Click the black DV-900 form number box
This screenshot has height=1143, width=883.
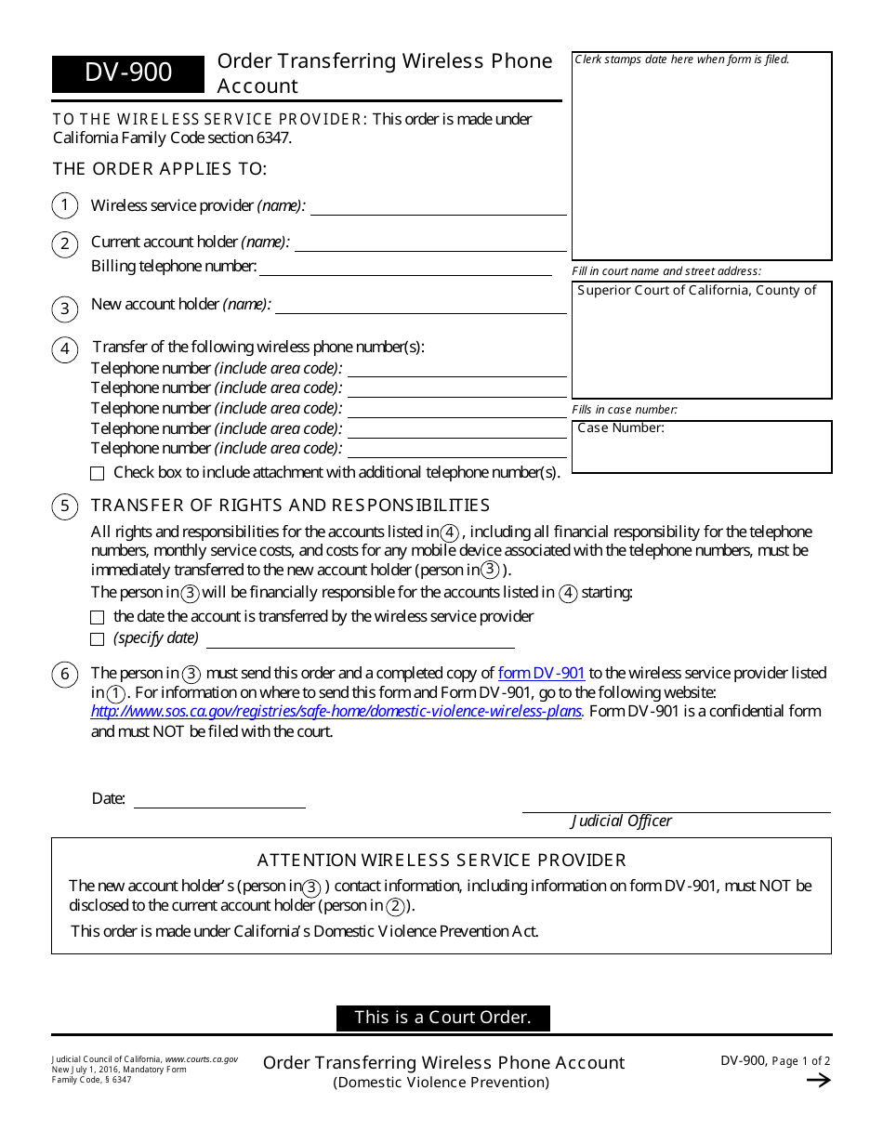coord(127,73)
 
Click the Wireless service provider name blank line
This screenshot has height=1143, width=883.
coord(438,207)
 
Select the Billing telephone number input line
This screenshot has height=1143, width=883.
coord(405,269)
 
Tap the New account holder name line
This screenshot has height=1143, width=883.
coord(420,306)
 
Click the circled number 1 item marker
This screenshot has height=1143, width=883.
coord(64,205)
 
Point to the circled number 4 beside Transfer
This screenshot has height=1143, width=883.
coord(64,349)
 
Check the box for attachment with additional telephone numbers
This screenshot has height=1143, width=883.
coord(98,473)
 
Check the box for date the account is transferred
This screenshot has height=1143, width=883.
coord(98,617)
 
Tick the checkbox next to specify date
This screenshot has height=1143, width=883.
coord(98,639)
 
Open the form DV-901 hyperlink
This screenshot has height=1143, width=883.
coord(541,673)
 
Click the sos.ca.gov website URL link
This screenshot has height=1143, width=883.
coord(336,712)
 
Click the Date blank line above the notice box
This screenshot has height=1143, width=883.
coord(219,800)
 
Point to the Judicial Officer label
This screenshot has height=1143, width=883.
coord(621,821)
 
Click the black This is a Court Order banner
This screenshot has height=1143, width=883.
coord(442,1018)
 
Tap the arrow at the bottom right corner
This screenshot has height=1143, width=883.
coord(818,1080)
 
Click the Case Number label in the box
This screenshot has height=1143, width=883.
coord(621,428)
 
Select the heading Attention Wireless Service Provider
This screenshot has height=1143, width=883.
coord(441,861)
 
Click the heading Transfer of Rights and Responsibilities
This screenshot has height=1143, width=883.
coord(290,506)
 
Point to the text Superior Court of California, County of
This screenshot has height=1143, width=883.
coord(696,291)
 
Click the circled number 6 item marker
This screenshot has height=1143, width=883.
coord(64,675)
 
